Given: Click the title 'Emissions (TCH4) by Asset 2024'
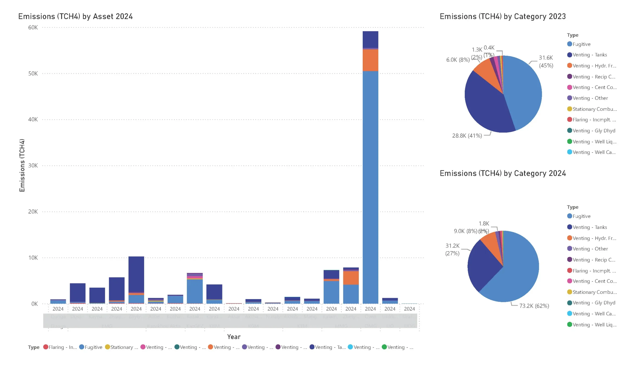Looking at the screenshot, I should pyautogui.click(x=75, y=16).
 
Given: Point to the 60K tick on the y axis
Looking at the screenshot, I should pyautogui.click(x=33, y=28).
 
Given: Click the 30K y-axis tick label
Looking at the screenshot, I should pyautogui.click(x=33, y=165).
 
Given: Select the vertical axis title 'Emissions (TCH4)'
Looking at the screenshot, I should pyautogui.click(x=22, y=165).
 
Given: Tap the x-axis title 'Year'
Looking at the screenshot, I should pyautogui.click(x=234, y=337).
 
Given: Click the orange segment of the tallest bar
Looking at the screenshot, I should pyautogui.click(x=370, y=60).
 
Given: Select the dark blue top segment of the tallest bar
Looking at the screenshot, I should pyautogui.click(x=370, y=39).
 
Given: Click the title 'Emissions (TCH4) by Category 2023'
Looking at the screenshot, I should pyautogui.click(x=503, y=16).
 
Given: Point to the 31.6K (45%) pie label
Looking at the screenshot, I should pyautogui.click(x=546, y=61).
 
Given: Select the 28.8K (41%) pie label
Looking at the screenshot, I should pyautogui.click(x=467, y=136).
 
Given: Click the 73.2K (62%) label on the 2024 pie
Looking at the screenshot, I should pyautogui.click(x=534, y=306).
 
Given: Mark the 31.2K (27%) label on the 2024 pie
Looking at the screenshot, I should pyautogui.click(x=452, y=249).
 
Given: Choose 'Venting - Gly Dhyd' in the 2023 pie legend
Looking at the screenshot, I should pyautogui.click(x=594, y=130).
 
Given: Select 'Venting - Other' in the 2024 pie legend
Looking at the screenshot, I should pyautogui.click(x=590, y=249).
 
